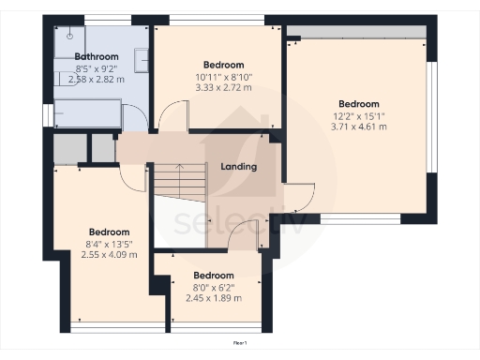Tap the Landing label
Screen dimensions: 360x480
click(x=239, y=167)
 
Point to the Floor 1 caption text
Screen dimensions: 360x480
click(x=240, y=343)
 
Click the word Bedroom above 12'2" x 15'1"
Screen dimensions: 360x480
click(x=359, y=103)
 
